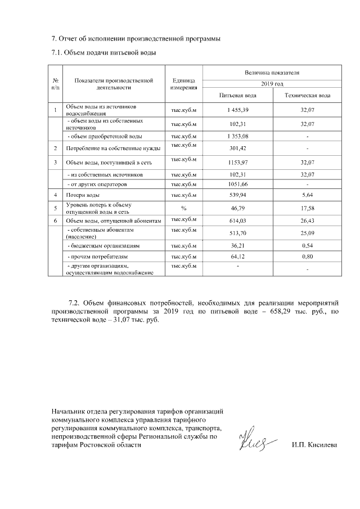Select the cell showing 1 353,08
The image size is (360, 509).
click(x=237, y=136)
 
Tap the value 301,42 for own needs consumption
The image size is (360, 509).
click(x=237, y=149)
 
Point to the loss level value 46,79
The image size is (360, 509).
click(x=237, y=209)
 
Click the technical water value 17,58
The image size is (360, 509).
click(x=307, y=209)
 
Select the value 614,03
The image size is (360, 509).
click(x=237, y=222)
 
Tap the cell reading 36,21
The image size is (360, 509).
click(x=237, y=246)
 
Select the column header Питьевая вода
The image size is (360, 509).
click(x=237, y=96)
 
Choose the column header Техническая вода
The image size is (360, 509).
click(x=307, y=96)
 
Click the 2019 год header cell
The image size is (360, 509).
click(x=272, y=83)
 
